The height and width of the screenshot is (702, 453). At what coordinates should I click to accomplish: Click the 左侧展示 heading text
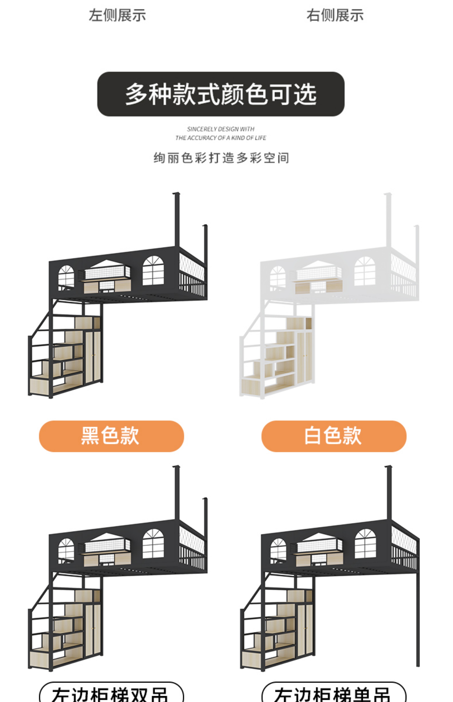click(x=117, y=15)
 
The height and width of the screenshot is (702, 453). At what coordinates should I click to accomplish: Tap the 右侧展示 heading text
click(x=335, y=15)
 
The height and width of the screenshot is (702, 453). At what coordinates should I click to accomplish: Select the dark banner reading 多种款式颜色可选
click(x=221, y=94)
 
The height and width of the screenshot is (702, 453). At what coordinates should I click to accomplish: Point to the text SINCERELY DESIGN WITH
click(x=221, y=129)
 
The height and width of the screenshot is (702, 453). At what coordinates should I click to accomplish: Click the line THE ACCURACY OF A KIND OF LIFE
click(x=221, y=138)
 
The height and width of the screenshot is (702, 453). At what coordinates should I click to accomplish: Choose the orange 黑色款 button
click(x=111, y=436)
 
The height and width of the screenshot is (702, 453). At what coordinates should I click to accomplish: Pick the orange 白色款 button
click(x=334, y=436)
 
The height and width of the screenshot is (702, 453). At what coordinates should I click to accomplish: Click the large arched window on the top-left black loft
click(x=153, y=271)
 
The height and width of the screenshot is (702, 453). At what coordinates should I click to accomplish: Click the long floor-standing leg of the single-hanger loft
click(x=417, y=618)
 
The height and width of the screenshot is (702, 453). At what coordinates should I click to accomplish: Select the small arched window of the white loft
click(x=277, y=277)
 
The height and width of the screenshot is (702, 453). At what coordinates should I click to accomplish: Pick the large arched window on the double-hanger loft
click(x=153, y=544)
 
